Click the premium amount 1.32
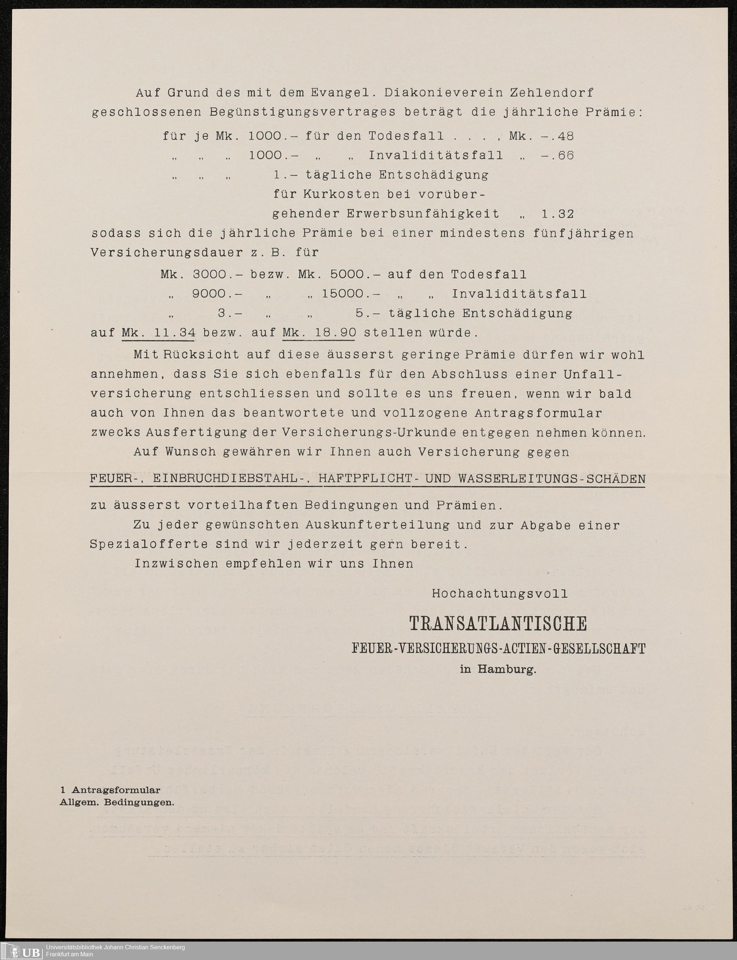click(x=558, y=214)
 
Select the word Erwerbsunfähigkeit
click(x=423, y=214)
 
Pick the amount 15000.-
click(x=350, y=294)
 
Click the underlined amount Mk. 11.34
click(x=158, y=333)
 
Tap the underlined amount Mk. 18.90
click(x=319, y=333)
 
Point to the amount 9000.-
click(x=217, y=294)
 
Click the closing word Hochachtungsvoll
click(x=500, y=594)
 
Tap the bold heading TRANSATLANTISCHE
click(x=498, y=624)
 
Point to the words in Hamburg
click(x=498, y=670)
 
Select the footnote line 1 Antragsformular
click(x=110, y=790)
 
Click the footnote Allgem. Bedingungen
click(x=117, y=803)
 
